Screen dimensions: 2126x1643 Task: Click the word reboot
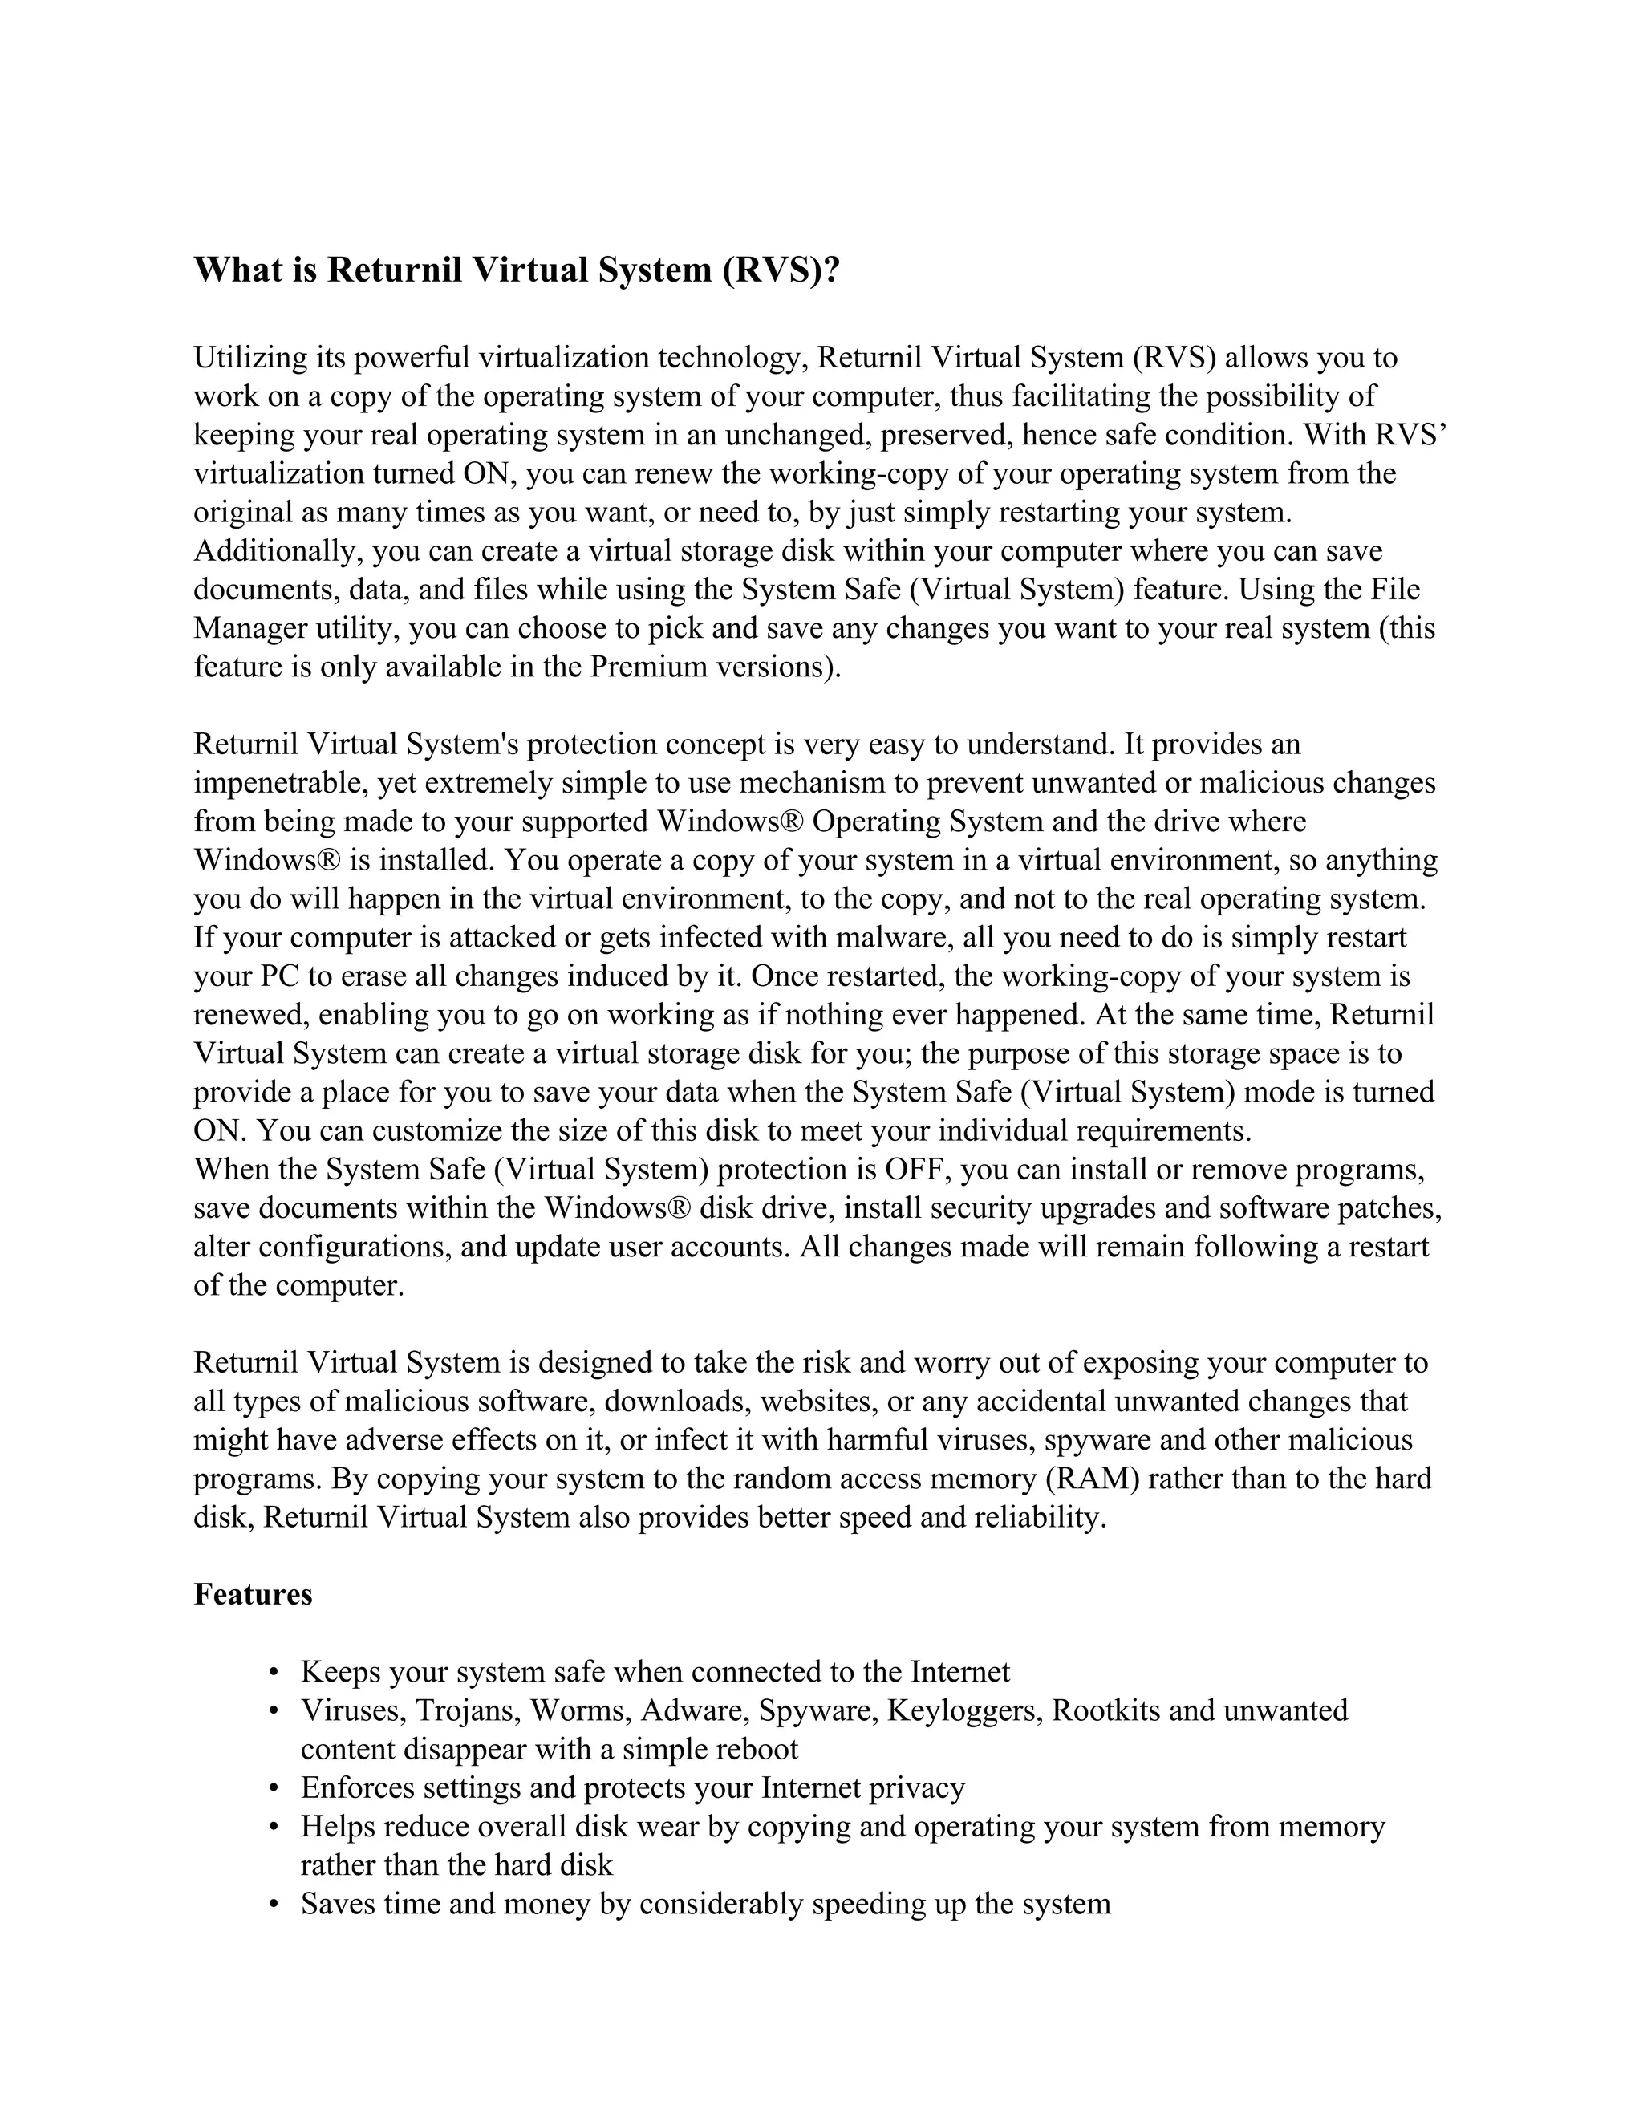pyautogui.click(x=757, y=1749)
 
